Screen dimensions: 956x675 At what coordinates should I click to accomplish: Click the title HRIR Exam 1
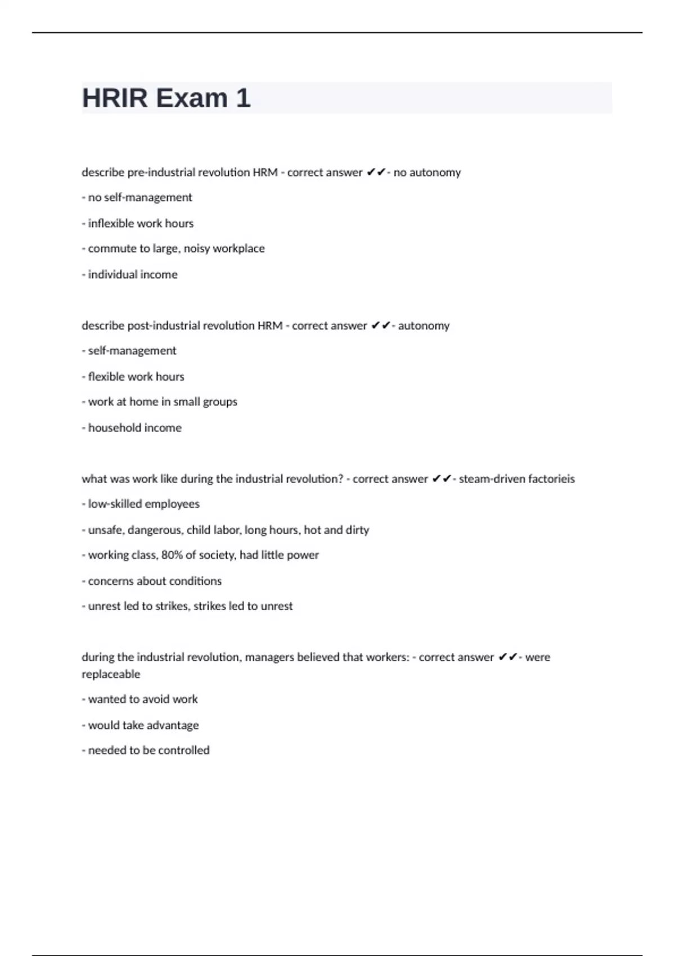tap(166, 98)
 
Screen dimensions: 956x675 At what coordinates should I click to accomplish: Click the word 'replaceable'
tap(111, 674)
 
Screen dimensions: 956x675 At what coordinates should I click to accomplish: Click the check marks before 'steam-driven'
tap(442, 479)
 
